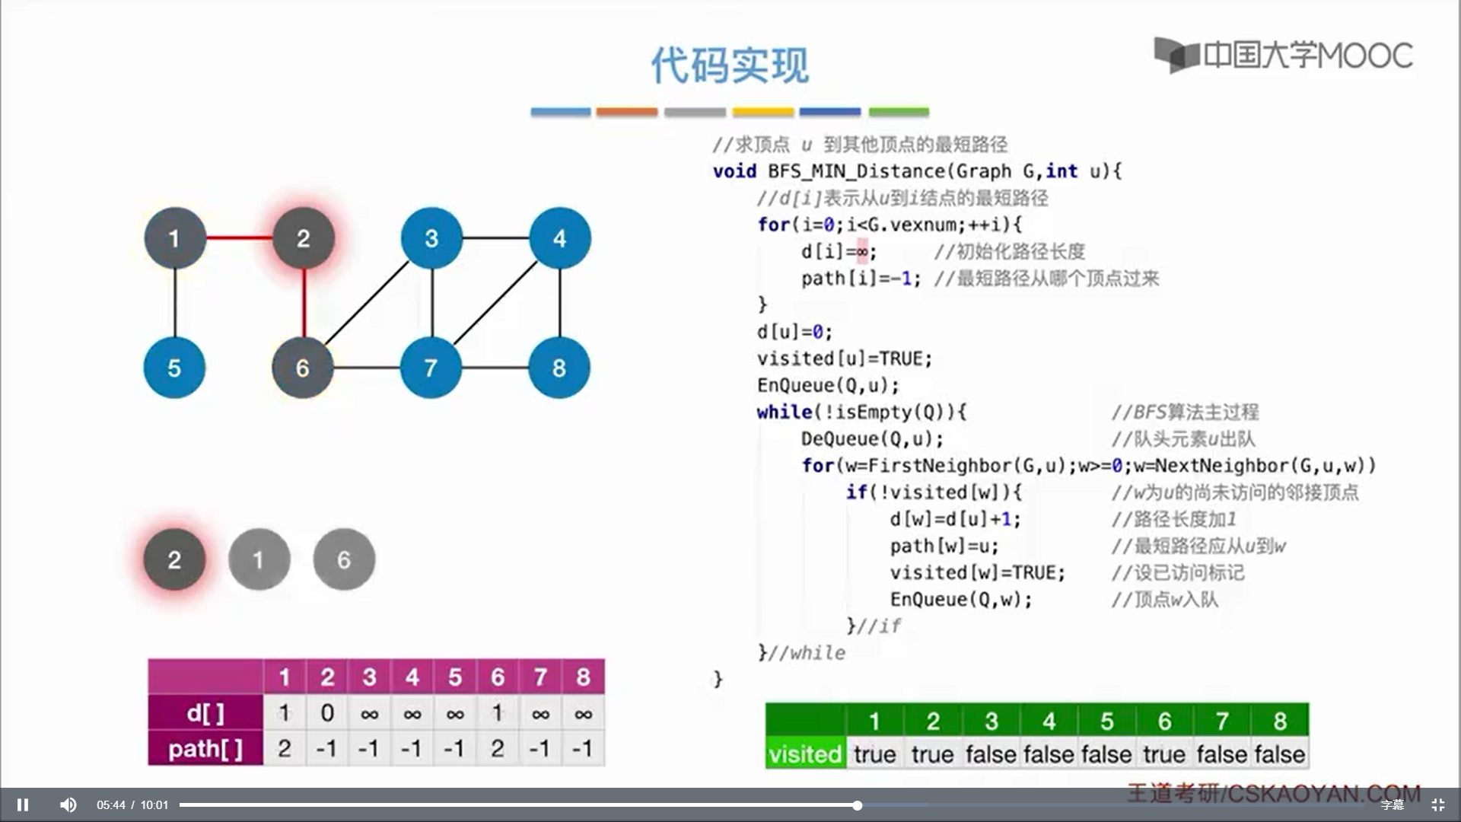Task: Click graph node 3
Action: (431, 238)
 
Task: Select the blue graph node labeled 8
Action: (559, 368)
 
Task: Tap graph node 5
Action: (174, 368)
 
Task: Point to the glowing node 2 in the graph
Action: (303, 238)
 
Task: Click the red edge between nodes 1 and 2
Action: (239, 237)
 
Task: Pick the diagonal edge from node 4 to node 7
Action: (495, 303)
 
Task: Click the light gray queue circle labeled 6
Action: (344, 559)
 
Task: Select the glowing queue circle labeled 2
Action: (174, 559)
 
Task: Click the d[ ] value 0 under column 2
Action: (327, 713)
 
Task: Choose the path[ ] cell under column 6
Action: (498, 749)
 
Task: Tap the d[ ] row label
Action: (205, 713)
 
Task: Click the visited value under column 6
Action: (1164, 754)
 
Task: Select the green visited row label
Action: (805, 754)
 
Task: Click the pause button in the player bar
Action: (23, 804)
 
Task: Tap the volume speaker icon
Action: (68, 804)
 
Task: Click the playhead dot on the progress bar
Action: (857, 805)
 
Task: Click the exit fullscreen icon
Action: (1437, 804)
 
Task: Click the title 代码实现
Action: (730, 65)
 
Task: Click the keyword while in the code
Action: (784, 412)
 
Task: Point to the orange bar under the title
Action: (627, 112)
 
